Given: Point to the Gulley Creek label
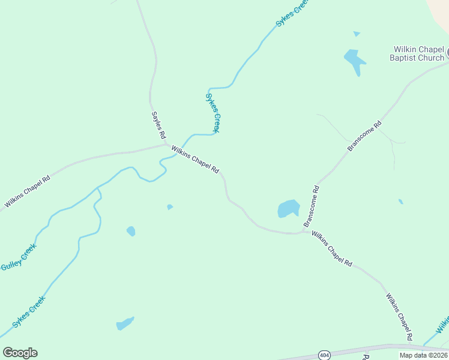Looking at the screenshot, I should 19,257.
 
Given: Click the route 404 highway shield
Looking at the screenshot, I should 324,355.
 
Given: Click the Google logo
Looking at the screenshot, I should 20,353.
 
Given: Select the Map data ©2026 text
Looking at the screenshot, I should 423,355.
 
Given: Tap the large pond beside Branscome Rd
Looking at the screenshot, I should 288,208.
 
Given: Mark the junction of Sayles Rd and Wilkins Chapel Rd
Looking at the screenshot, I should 166,144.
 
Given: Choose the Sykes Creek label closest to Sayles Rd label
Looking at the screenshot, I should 213,113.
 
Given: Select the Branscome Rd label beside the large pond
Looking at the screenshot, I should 312,206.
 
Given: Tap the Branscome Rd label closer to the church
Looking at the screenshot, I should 364,137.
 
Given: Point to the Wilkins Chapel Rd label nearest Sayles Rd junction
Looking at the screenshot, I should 195,160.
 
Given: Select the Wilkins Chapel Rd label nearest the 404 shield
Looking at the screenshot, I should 399,317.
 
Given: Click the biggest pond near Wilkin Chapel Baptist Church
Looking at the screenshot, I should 354,61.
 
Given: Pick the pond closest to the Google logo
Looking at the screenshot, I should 125,324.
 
